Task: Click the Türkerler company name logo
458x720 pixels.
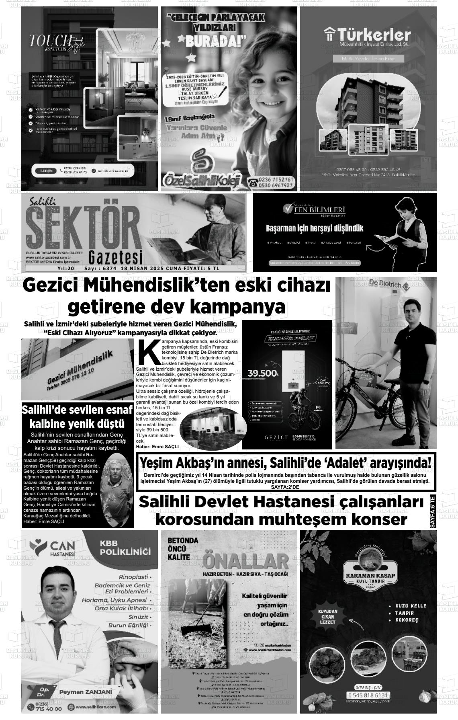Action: (x=368, y=35)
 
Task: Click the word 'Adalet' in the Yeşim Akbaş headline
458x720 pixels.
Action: (x=347, y=464)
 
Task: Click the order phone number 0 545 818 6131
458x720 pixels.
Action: (x=368, y=695)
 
